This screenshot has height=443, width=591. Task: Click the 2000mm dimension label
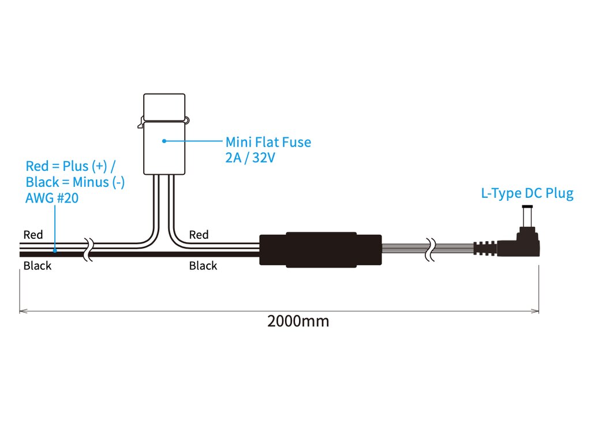pos(298,321)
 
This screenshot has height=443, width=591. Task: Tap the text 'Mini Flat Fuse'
pos(268,142)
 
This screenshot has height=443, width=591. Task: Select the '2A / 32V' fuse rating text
pos(250,157)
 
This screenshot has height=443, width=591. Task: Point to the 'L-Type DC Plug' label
pos(528,193)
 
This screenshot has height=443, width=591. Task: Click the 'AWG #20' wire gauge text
pos(52,198)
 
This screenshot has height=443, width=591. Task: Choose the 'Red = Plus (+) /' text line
pos(70,166)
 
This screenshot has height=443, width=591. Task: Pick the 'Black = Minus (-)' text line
pos(75,182)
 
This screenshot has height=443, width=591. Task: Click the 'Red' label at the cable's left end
pos(33,235)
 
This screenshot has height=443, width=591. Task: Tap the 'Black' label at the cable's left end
pos(38,265)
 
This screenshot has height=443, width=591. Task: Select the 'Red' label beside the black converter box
pos(199,235)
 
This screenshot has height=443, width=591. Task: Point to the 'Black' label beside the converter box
pos(203,265)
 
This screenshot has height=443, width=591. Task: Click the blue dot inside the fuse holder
pos(164,141)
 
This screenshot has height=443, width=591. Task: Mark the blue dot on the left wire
pos(55,250)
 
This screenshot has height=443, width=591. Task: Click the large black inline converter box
pos(320,250)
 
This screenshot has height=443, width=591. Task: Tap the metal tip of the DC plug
pos(528,207)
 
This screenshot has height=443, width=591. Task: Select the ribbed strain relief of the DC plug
pos(485,248)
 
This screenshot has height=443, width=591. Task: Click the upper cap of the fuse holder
pos(164,107)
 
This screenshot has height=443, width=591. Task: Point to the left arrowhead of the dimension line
pos(23,311)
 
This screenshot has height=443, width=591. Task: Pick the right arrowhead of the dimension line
pos(535,311)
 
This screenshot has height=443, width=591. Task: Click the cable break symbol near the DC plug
pos(430,249)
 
